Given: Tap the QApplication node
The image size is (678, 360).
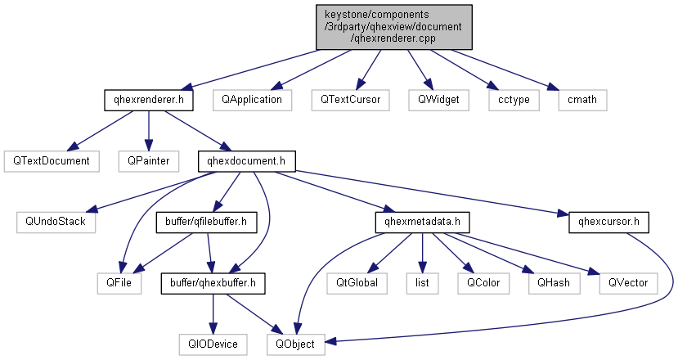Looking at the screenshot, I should (252, 100).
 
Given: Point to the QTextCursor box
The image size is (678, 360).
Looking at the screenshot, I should (351, 100).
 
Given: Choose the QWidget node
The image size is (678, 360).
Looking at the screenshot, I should (439, 100).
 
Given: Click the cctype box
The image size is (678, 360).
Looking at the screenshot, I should (509, 100).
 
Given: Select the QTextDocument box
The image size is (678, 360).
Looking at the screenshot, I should (50, 160).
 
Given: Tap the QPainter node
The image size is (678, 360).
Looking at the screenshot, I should (148, 160).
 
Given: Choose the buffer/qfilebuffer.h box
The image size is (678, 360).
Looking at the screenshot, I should (201, 221).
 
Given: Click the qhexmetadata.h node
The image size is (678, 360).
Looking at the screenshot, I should (420, 221).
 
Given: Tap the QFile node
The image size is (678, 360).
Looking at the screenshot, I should (119, 282).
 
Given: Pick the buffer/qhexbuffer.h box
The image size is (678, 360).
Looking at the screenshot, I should (213, 282).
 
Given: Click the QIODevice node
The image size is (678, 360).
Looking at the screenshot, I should (213, 344).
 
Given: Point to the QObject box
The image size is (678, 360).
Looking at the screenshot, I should (295, 344).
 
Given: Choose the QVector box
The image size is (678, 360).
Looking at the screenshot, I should (627, 282).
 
